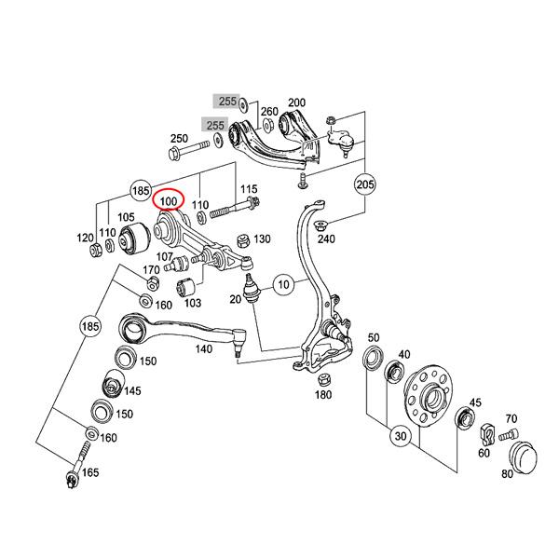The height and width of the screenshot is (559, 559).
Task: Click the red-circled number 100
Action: tap(170, 201)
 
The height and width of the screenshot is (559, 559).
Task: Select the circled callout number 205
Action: tap(365, 185)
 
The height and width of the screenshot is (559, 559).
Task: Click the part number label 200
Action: tap(296, 102)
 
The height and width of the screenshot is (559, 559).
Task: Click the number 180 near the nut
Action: tap(323, 395)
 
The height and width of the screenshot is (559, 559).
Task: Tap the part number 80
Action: tap(507, 473)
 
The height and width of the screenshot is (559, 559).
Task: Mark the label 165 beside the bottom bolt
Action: tap(90, 473)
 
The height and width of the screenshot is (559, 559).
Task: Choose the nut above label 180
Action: tap(323, 379)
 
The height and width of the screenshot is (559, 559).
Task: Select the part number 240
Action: tap(326, 239)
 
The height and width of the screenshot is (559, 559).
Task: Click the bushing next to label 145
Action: tap(110, 384)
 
